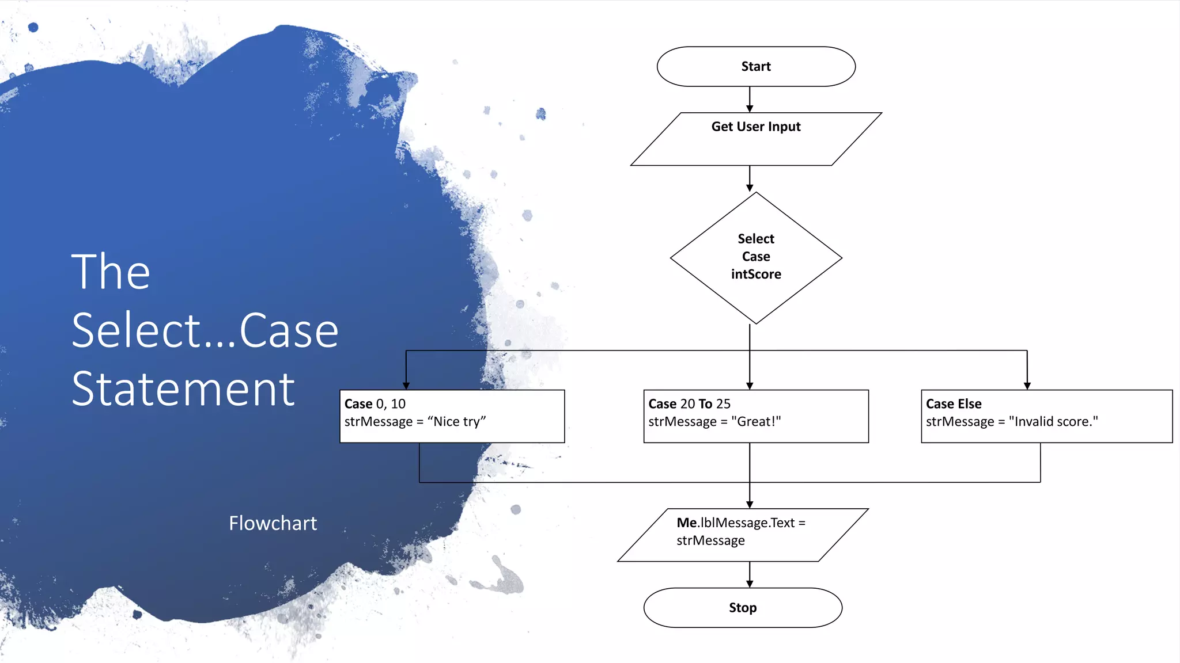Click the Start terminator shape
click(x=755, y=67)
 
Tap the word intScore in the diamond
click(x=756, y=275)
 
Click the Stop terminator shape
click(x=742, y=608)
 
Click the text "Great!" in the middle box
click(x=755, y=422)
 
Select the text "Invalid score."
click(x=1053, y=422)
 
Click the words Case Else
click(x=954, y=404)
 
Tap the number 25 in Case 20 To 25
click(x=723, y=404)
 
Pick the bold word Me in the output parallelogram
click(x=687, y=523)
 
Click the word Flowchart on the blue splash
click(x=273, y=523)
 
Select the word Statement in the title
click(x=183, y=389)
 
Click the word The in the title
click(x=111, y=272)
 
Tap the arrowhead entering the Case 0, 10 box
click(x=406, y=386)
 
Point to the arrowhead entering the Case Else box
click(x=1027, y=386)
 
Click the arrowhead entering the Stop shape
click(x=750, y=584)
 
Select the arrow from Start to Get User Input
click(x=750, y=99)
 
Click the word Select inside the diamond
click(x=756, y=239)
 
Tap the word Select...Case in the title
click(x=205, y=330)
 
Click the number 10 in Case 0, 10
click(x=398, y=404)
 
